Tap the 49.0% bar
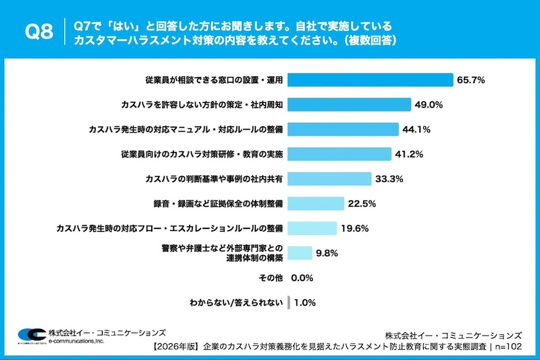pyautogui.click(x=350, y=105)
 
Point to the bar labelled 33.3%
pyautogui.click(x=330, y=179)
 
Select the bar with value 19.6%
pyautogui.click(x=313, y=228)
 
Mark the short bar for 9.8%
pyautogui.click(x=300, y=253)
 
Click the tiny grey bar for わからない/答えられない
pyautogui.click(x=289, y=302)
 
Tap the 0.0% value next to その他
pyautogui.click(x=303, y=278)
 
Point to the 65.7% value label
pyautogui.click(x=470, y=80)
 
